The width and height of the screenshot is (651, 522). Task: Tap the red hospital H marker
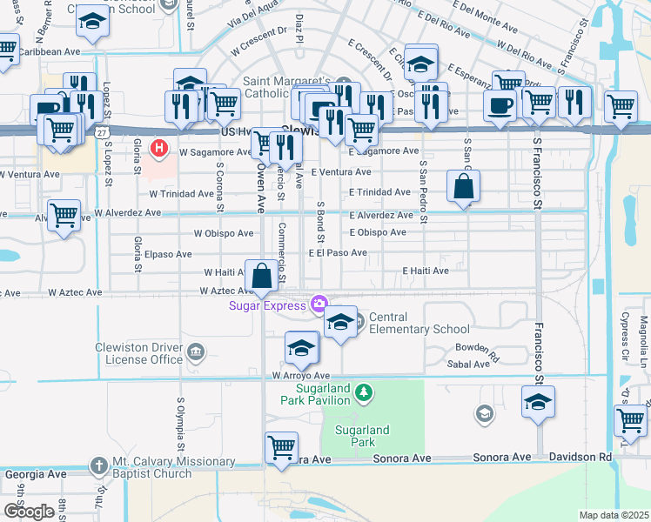[158, 148]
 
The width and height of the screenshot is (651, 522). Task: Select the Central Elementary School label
[419, 324]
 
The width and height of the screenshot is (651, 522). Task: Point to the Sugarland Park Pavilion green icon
[366, 394]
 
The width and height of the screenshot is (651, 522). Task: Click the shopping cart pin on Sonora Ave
[281, 448]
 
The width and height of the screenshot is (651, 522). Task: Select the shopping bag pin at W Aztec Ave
[262, 277]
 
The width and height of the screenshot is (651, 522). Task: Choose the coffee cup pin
[500, 106]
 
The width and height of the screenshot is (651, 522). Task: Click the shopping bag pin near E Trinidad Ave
[464, 185]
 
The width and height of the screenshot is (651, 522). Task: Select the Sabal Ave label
[472, 365]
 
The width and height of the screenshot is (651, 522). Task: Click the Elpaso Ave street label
[168, 254]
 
